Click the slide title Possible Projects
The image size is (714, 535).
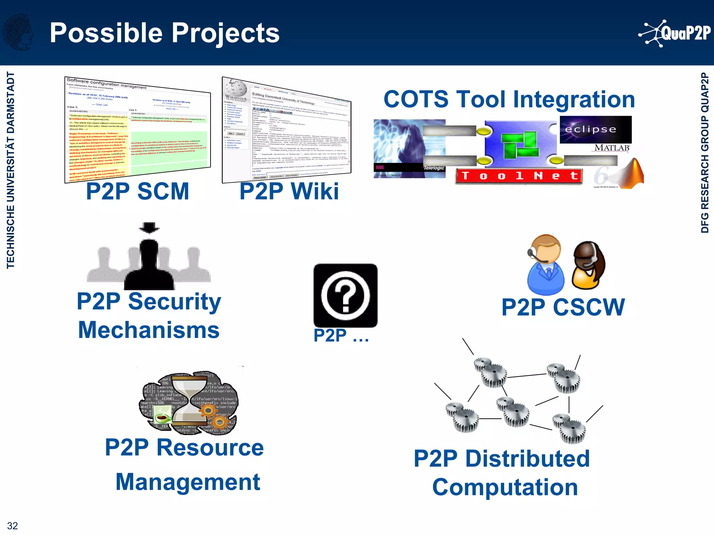pyautogui.click(x=165, y=33)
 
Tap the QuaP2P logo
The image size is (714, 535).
pyautogui.click(x=675, y=33)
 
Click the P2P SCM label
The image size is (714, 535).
pyautogui.click(x=137, y=191)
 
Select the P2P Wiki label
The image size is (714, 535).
pyautogui.click(x=289, y=191)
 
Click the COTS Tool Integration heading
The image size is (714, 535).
pyautogui.click(x=509, y=99)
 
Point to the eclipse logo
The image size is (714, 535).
pyautogui.click(x=595, y=130)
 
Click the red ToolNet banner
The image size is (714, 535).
pyautogui.click(x=519, y=176)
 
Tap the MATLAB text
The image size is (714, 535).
pyautogui.click(x=612, y=148)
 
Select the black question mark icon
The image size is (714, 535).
pyautogui.click(x=345, y=295)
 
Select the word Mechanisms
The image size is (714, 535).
pyautogui.click(x=149, y=330)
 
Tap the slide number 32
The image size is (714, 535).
pyautogui.click(x=13, y=526)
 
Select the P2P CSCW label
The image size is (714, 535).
pyautogui.click(x=563, y=307)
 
